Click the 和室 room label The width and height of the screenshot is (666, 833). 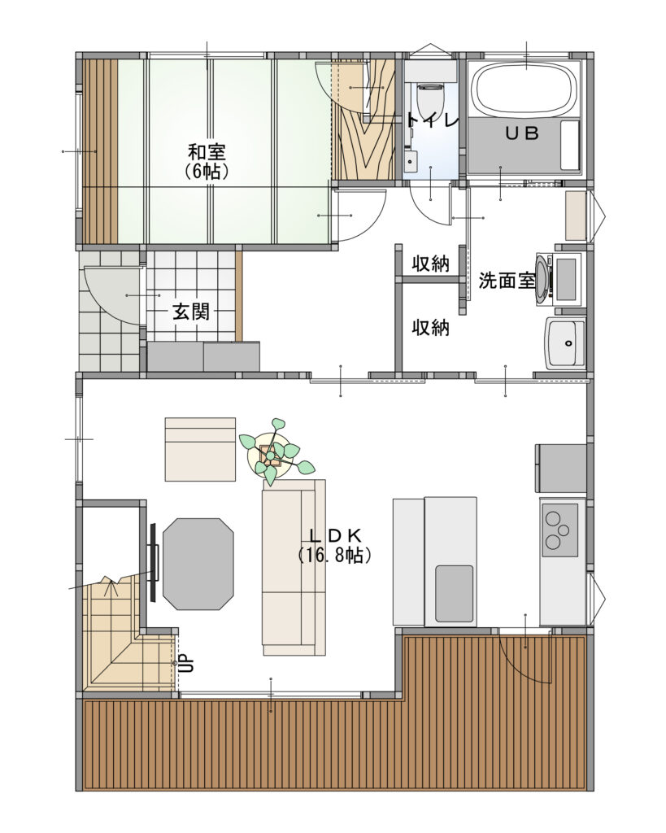(x=207, y=152)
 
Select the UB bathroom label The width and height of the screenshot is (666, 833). (x=521, y=133)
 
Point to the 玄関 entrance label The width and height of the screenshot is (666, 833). (x=190, y=312)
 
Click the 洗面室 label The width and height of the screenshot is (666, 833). (x=507, y=281)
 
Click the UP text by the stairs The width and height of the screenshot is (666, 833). (x=188, y=663)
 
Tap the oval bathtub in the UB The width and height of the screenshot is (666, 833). (x=525, y=89)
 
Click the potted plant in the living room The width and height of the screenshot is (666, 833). (x=273, y=451)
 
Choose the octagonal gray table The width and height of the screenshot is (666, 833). (x=198, y=564)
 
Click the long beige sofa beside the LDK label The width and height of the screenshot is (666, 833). (x=294, y=567)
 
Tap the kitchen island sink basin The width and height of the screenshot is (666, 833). (x=454, y=593)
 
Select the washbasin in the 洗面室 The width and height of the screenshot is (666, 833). (x=566, y=343)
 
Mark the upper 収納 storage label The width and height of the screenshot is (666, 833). (x=431, y=264)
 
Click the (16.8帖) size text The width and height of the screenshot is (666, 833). (x=334, y=555)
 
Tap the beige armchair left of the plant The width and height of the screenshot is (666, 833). (x=200, y=449)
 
